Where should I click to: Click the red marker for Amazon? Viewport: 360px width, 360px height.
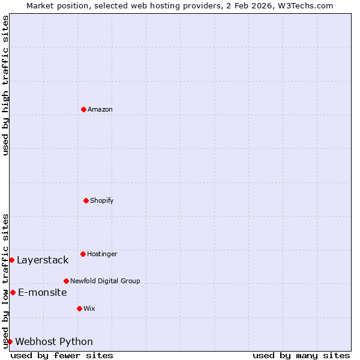83,109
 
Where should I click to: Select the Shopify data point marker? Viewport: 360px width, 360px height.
86,200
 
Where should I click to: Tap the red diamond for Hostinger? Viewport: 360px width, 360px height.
83,254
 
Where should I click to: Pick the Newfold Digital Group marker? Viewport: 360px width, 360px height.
66,281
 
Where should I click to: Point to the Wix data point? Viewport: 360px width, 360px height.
79,308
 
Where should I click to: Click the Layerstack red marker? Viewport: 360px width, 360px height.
11,260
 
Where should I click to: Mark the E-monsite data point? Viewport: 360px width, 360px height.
13,292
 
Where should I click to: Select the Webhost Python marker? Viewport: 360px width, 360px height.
10,341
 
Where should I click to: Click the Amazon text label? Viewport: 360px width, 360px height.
100,109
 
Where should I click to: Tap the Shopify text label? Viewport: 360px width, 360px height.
102,200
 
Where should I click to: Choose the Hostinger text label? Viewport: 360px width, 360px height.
102,254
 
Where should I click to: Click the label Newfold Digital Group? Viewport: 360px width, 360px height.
105,281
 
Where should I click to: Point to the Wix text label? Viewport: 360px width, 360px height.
89,308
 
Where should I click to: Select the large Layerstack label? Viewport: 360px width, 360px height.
43,260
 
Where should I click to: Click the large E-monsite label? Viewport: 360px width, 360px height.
43,292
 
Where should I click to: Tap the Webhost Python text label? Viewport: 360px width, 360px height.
54,341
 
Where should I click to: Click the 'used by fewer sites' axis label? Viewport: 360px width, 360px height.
62,355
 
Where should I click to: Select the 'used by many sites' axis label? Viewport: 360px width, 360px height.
301,355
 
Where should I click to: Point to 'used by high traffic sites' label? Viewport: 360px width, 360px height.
5,85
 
